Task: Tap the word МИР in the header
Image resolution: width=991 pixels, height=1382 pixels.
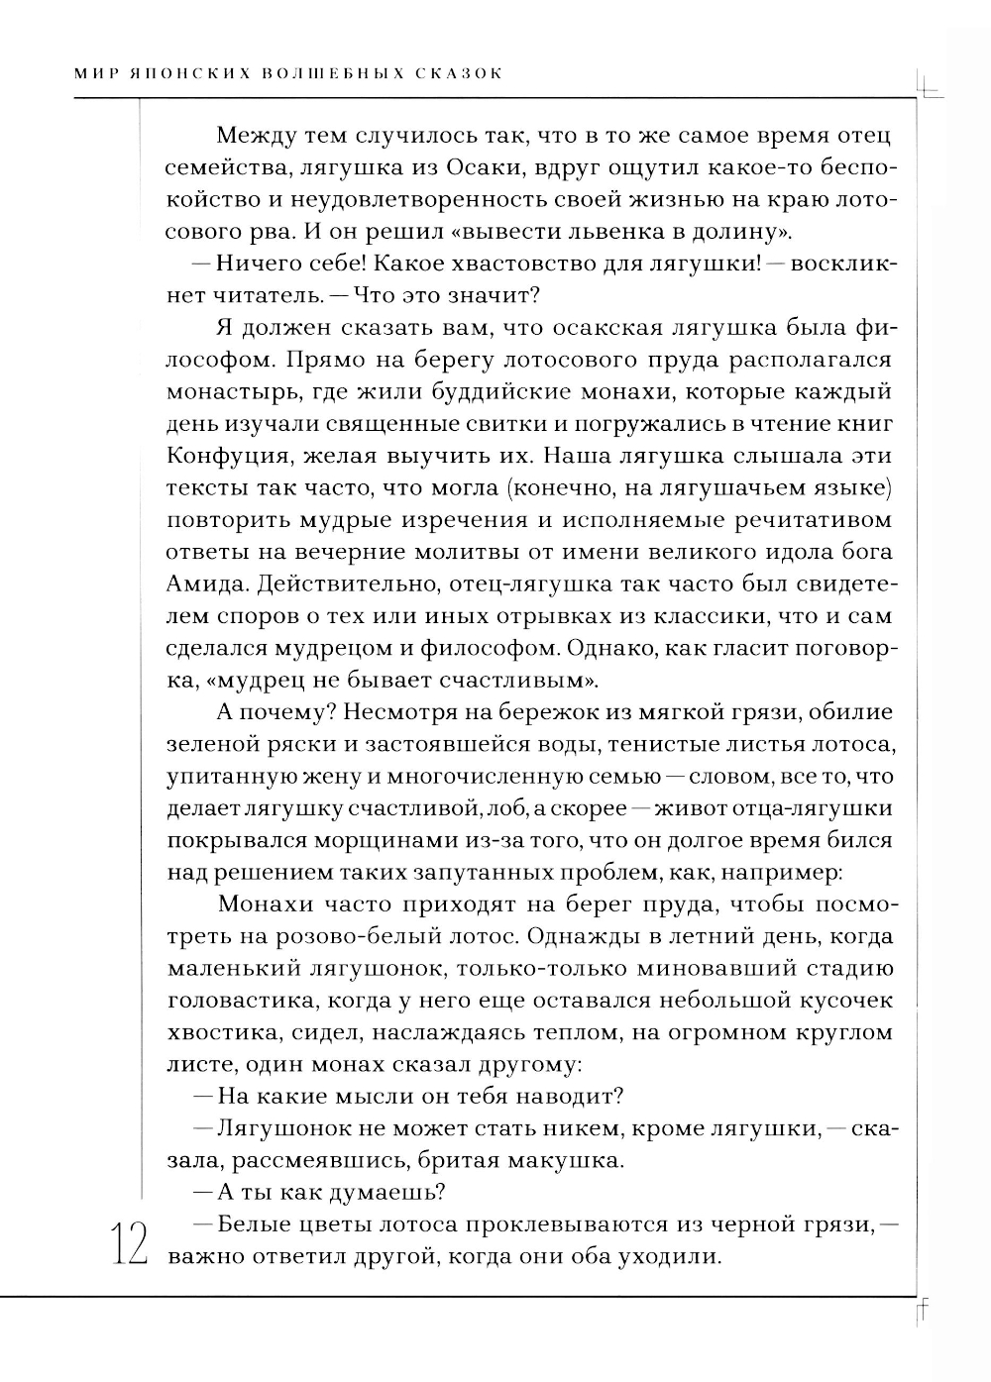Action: pos(95,73)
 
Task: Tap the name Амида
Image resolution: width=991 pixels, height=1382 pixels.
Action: pos(207,584)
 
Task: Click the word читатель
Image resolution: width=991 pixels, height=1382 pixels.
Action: pos(256,295)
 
